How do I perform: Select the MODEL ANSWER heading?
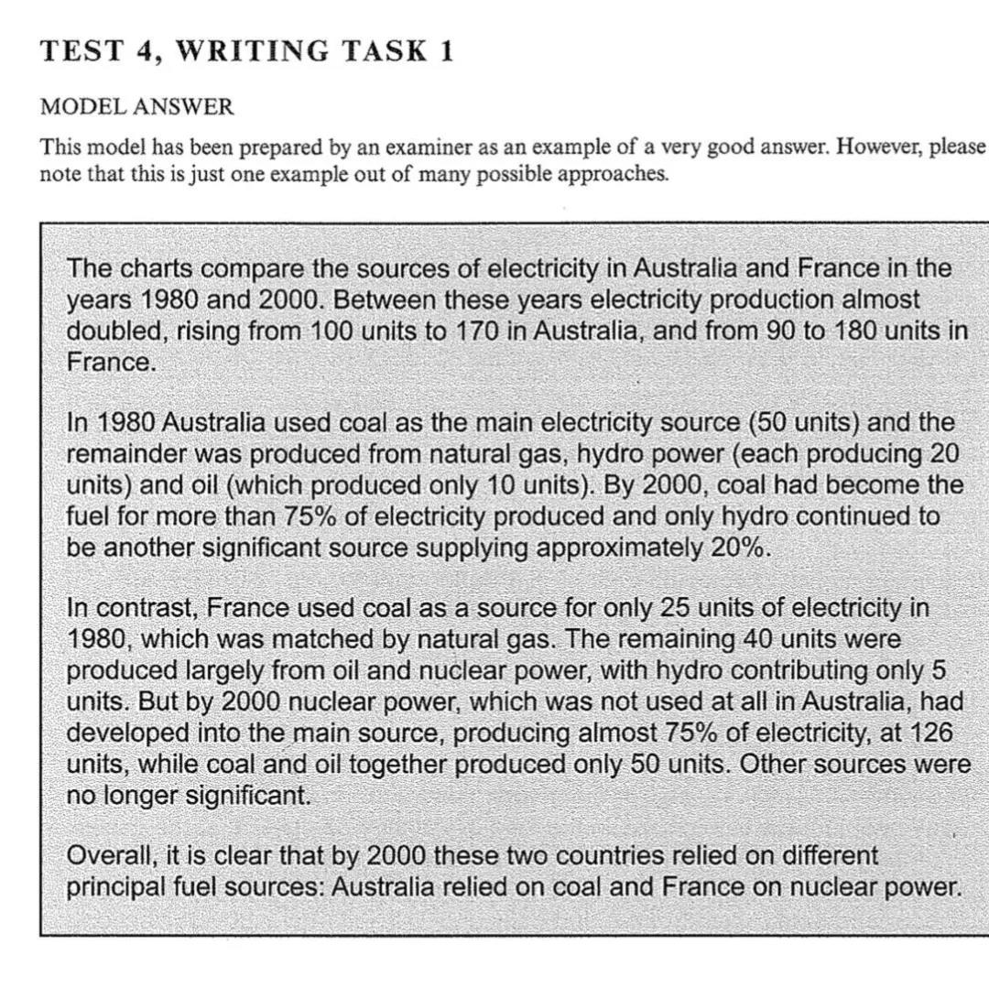(x=136, y=107)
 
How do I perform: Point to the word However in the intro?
(x=872, y=148)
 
